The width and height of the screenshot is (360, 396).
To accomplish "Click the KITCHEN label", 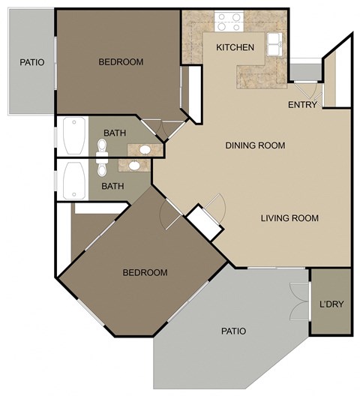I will click(x=235, y=47).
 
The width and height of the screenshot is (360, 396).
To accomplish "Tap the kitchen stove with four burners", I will click(x=228, y=22).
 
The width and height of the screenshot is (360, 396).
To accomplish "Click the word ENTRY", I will click(x=302, y=104).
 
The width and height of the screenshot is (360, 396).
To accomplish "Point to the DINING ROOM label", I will click(x=255, y=145).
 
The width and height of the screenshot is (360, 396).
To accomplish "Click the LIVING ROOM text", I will click(x=289, y=218).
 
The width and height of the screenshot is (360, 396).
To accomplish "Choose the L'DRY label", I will click(x=331, y=306).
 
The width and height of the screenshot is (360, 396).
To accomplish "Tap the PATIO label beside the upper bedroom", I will click(x=31, y=62).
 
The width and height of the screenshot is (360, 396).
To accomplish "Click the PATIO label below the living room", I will click(x=233, y=331).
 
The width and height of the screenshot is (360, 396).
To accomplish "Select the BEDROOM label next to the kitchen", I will click(x=121, y=62).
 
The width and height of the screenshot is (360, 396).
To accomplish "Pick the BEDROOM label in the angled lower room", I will click(x=145, y=272).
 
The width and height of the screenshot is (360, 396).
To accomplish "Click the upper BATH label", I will click(x=115, y=133).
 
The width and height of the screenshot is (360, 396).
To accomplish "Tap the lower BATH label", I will click(x=112, y=186).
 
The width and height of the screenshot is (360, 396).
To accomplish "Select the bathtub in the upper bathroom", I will click(x=73, y=134).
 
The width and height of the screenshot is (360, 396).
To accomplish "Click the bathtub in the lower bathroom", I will click(x=73, y=180).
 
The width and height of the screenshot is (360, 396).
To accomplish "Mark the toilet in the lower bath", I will click(x=103, y=166).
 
